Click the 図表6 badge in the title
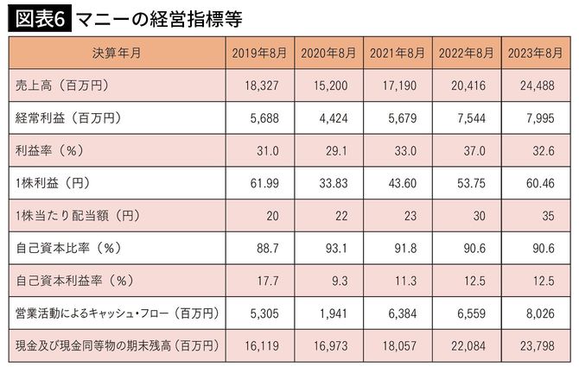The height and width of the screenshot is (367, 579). (39, 17)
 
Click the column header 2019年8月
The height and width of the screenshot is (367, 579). (258, 53)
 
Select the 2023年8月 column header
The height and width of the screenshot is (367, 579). (537, 53)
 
